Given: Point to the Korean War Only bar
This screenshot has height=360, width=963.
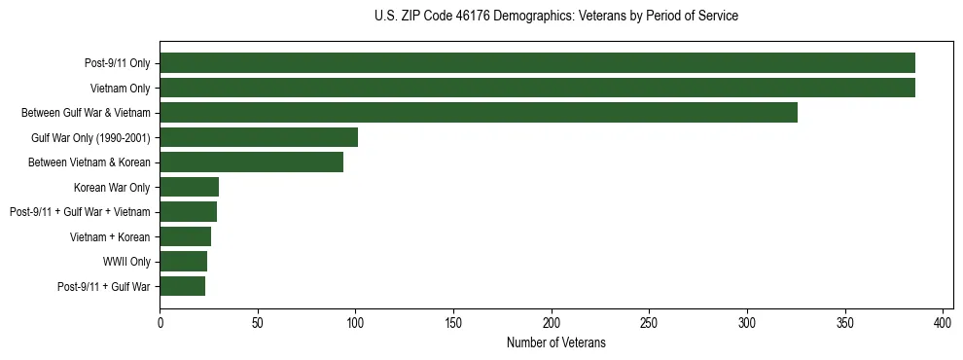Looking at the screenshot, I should point(189,187).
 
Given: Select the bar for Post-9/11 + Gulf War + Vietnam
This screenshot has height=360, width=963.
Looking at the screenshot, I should point(188,211).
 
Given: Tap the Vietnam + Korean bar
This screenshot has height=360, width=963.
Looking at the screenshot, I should point(185,236).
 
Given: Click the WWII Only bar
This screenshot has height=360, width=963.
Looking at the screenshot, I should point(183,261).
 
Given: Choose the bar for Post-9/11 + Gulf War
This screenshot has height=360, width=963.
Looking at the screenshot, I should point(182,286).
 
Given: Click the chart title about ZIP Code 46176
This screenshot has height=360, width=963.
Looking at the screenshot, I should point(555,17).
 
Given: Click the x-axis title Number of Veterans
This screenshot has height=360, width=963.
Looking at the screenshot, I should point(555,342).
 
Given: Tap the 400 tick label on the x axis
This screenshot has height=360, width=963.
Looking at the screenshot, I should point(943,322).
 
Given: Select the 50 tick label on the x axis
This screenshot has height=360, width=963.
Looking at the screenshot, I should point(258,322).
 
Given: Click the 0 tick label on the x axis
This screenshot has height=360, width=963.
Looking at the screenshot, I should point(160,322).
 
